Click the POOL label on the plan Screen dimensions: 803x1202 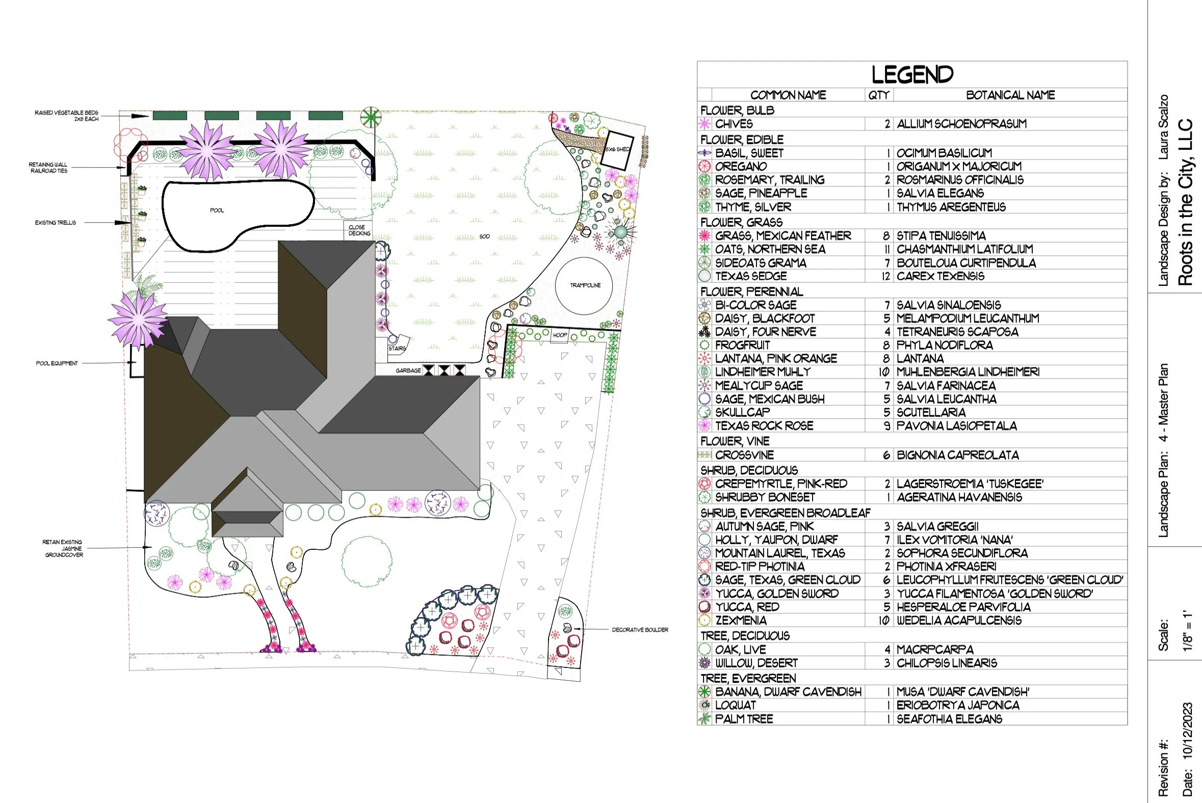point(217,210)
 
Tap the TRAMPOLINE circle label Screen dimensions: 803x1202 point(585,285)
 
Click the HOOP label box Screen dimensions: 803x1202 point(560,335)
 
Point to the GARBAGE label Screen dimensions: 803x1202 point(408,370)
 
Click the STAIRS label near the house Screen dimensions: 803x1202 point(397,348)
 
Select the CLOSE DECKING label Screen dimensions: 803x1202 point(359,230)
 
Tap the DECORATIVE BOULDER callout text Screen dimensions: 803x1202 point(640,630)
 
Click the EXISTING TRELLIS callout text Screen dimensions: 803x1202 point(56,223)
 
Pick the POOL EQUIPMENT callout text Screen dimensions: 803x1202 point(57,364)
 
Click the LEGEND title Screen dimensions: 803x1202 point(912,75)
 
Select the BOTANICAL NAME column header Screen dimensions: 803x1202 point(1010,95)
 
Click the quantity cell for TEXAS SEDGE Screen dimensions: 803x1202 point(885,277)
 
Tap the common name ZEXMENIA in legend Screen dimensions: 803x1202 point(741,621)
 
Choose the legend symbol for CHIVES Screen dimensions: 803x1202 point(704,124)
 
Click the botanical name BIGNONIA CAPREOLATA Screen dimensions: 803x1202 point(958,456)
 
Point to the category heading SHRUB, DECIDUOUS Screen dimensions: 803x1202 point(748,470)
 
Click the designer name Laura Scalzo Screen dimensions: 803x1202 point(1164,126)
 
